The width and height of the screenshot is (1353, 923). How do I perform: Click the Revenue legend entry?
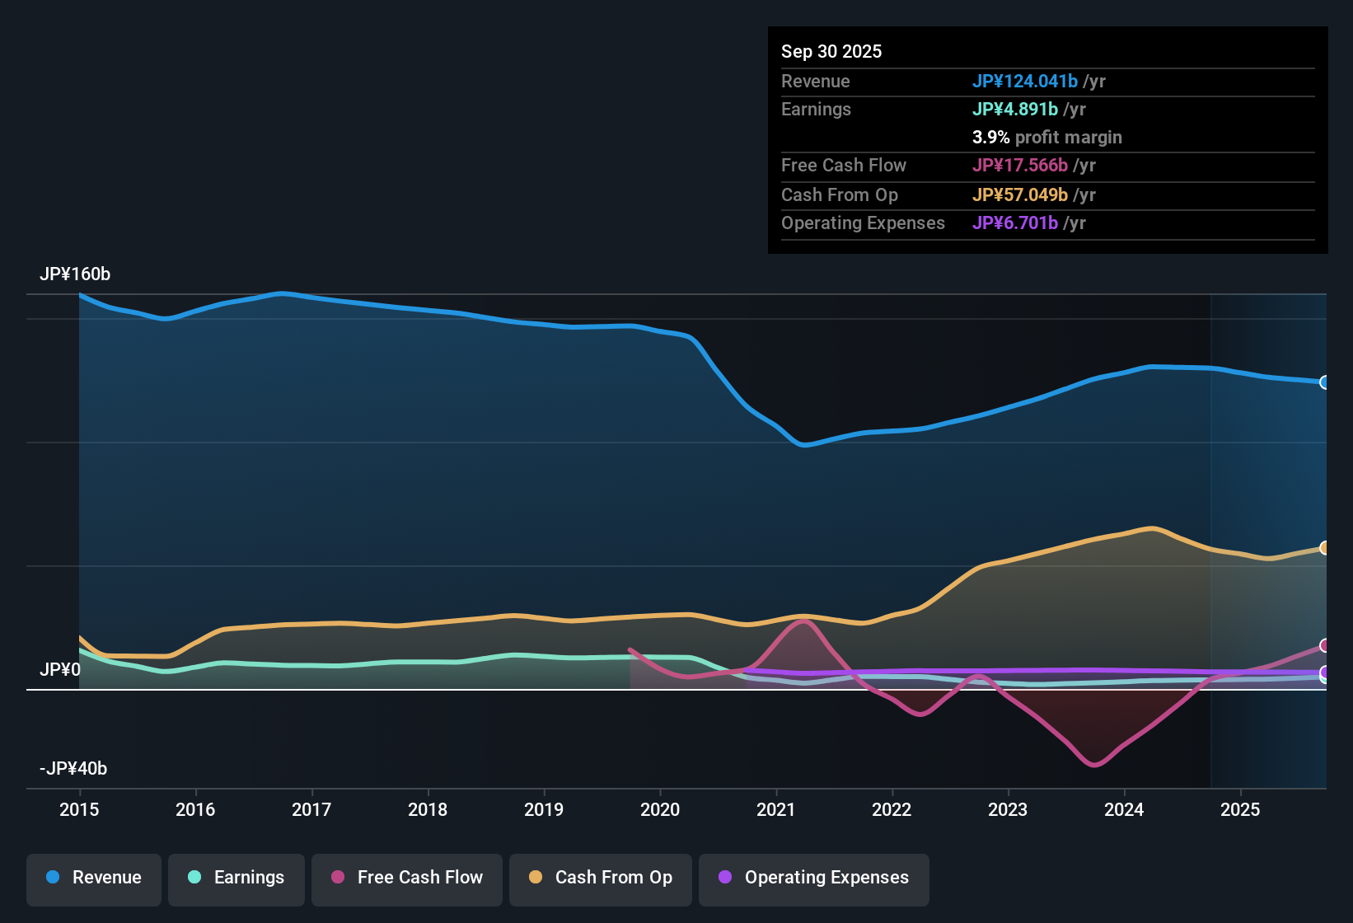[94, 878]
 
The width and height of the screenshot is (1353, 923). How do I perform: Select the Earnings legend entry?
[236, 878]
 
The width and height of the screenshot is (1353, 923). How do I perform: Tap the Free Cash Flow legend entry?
[407, 878]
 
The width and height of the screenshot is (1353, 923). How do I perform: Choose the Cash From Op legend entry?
[601, 878]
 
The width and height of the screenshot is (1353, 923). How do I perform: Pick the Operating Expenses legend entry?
[814, 878]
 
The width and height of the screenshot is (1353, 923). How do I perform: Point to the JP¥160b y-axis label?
[75, 274]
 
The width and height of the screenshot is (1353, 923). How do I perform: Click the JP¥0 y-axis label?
[60, 670]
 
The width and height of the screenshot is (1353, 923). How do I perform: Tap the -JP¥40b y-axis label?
[73, 769]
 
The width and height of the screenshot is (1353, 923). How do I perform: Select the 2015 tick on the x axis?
[79, 810]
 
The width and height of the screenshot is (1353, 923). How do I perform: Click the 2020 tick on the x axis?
[660, 810]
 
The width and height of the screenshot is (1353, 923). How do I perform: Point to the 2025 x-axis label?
[1240, 810]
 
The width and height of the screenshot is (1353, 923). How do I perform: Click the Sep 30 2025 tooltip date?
[831, 52]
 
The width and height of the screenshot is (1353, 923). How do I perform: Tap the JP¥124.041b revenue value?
[1025, 82]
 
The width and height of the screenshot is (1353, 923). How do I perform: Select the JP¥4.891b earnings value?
[1015, 110]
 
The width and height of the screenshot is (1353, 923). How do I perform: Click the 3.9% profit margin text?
[1047, 138]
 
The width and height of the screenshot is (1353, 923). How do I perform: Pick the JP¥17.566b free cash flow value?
[1020, 166]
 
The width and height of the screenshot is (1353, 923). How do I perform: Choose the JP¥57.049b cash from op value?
[1020, 195]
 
